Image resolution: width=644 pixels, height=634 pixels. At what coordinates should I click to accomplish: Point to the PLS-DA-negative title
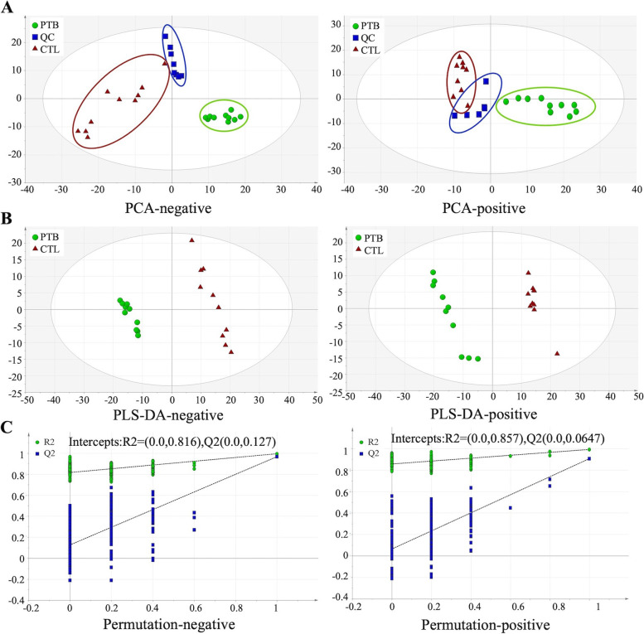(172, 413)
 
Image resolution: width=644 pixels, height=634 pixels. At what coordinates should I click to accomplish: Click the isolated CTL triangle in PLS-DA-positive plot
(557, 354)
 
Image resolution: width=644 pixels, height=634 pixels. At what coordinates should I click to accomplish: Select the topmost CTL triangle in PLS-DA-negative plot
(191, 240)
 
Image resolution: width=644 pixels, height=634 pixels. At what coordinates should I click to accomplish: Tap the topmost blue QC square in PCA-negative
(166, 36)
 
